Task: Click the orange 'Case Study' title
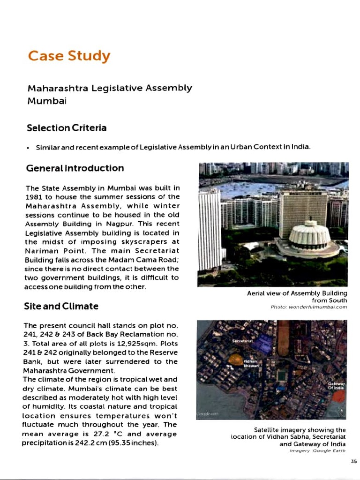pyautogui.click(x=69, y=56)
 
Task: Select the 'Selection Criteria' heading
pyautogui.click(x=67, y=128)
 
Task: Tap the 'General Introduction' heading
pyautogui.click(x=75, y=168)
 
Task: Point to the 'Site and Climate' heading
pyautogui.click(x=61, y=306)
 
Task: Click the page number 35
pyautogui.click(x=353, y=461)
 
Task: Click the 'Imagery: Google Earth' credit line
pyautogui.click(x=318, y=451)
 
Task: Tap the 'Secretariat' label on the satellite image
pyautogui.click(x=242, y=341)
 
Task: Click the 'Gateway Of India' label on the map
pyautogui.click(x=336, y=385)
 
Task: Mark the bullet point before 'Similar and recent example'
pyautogui.click(x=29, y=147)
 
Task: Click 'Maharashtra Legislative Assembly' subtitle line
pyautogui.click(x=110, y=88)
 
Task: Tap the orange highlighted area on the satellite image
pyautogui.click(x=235, y=360)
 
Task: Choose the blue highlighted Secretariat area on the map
pyautogui.click(x=264, y=342)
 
